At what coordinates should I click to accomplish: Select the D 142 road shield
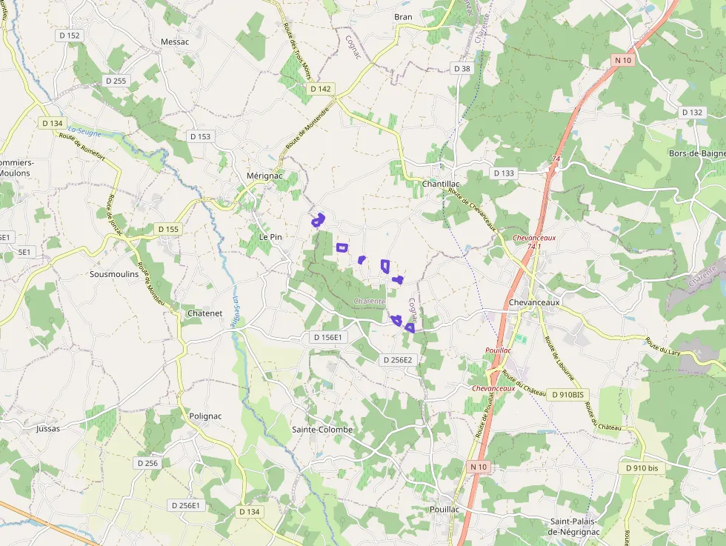click(x=321, y=89)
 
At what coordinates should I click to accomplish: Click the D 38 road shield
click(x=462, y=69)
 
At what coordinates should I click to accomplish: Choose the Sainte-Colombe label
click(x=322, y=430)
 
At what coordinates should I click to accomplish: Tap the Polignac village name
click(x=205, y=416)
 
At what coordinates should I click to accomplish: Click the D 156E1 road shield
click(x=327, y=338)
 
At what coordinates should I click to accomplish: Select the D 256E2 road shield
click(x=398, y=360)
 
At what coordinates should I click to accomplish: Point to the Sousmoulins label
click(x=114, y=274)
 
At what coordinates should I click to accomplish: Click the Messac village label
click(x=175, y=42)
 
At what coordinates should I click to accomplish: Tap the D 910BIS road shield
click(x=568, y=395)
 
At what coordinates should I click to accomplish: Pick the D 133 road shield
click(x=503, y=173)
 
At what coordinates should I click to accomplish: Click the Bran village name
click(x=403, y=16)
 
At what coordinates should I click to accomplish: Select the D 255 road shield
click(x=116, y=81)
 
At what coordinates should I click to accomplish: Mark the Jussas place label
click(x=48, y=428)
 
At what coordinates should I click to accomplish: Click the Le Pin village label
click(x=270, y=237)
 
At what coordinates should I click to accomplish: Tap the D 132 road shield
click(x=691, y=113)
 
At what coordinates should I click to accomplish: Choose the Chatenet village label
click(x=204, y=313)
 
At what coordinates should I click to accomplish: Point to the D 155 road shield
click(x=168, y=230)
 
